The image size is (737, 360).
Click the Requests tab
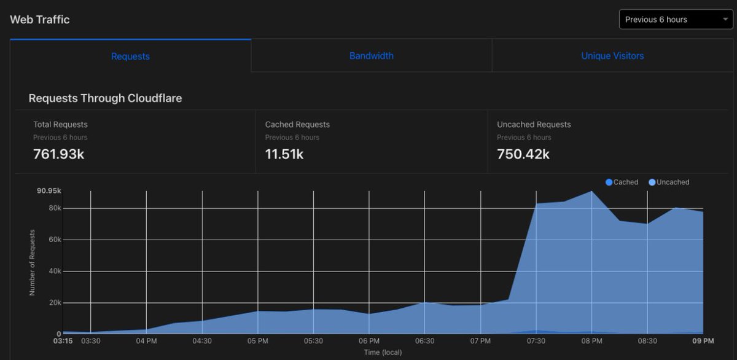(130, 56)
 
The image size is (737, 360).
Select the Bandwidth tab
(371, 56)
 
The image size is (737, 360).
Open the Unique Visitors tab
(612, 56)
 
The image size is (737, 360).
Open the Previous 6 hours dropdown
(675, 20)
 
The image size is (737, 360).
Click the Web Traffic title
(40, 20)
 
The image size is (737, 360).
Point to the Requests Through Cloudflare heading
(105, 98)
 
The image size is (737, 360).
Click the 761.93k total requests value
(58, 154)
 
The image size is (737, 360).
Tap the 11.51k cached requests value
(284, 154)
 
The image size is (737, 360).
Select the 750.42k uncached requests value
(523, 154)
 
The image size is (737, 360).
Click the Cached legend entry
(622, 182)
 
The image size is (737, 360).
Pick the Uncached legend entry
(669, 182)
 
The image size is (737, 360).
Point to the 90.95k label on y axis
(49, 191)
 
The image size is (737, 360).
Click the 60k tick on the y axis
(55, 240)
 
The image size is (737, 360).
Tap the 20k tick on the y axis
(55, 303)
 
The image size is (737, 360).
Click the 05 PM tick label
(257, 341)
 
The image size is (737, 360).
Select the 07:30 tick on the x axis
(536, 341)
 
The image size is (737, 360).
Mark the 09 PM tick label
(703, 341)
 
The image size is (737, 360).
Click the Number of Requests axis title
(32, 262)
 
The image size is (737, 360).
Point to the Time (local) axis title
(382, 353)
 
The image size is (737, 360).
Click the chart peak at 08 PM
(591, 192)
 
